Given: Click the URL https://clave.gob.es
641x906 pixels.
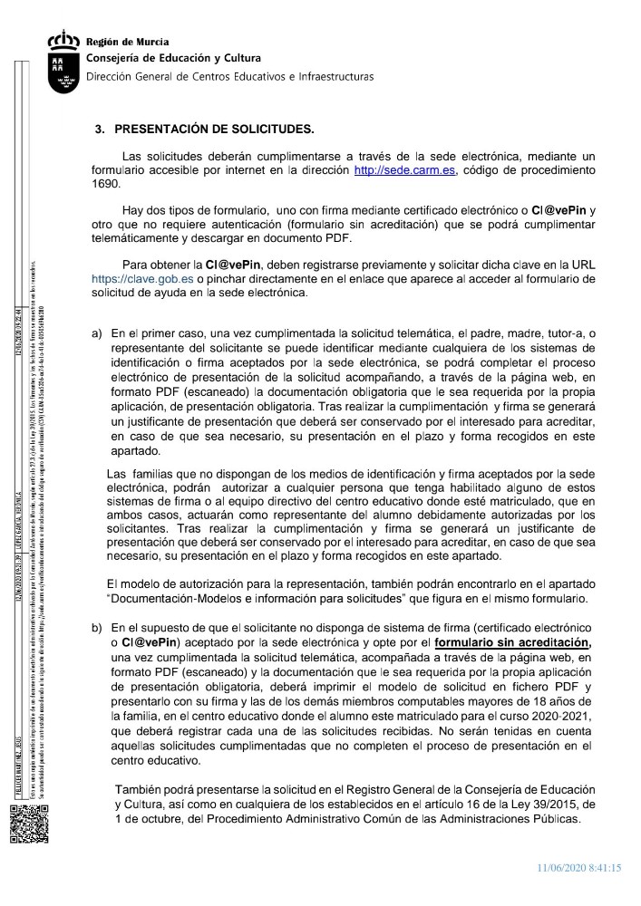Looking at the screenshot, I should click(143, 280).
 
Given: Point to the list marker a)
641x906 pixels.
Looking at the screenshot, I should click(97, 333).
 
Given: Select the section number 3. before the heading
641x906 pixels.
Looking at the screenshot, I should click(101, 129).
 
